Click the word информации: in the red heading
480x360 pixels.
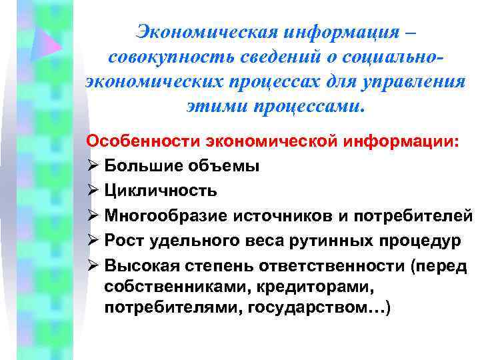click(402, 141)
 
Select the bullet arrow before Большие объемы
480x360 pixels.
click(93, 166)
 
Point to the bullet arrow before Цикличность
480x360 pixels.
click(93, 191)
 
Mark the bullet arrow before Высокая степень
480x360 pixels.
click(93, 265)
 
